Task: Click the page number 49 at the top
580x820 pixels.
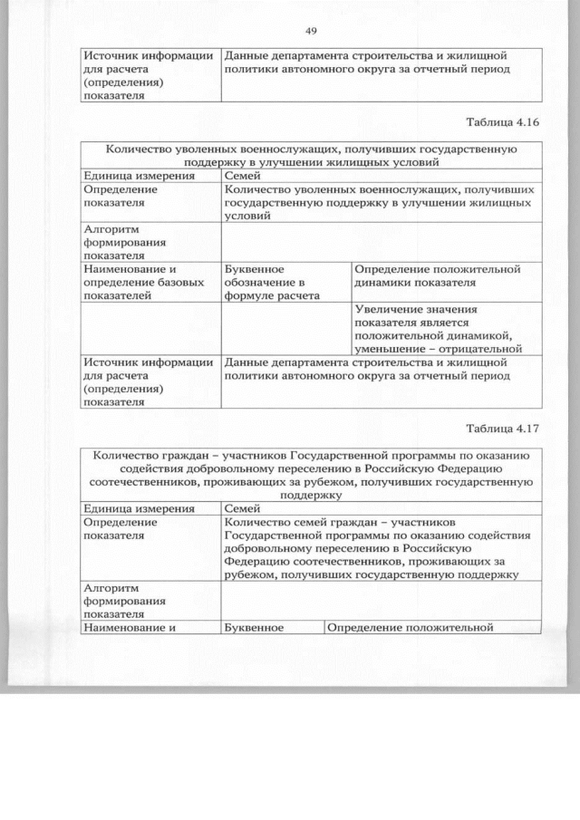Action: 310,32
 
